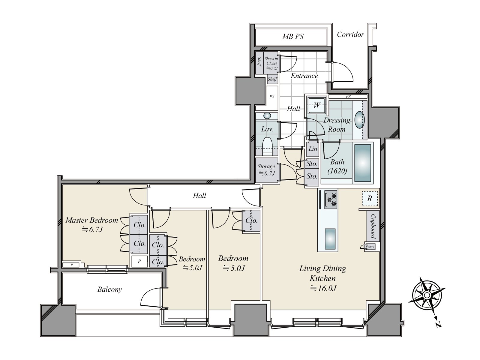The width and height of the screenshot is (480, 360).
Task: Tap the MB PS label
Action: point(293,36)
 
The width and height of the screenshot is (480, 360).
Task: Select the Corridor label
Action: point(350,34)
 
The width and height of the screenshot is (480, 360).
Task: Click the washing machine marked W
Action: point(316,105)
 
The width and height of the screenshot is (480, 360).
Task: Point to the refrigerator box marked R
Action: point(370,199)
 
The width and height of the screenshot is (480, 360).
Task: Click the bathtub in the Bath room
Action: point(363,163)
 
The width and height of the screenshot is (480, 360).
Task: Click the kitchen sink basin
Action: point(330,239)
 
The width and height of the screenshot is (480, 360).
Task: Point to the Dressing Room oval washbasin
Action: point(359,120)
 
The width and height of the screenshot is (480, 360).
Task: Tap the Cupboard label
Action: point(373,226)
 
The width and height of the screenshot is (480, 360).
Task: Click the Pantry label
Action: point(370,247)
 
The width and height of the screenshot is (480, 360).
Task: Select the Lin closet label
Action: point(313,149)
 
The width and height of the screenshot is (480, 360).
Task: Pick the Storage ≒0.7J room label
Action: point(266,170)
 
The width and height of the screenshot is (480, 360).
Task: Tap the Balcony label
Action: point(109,289)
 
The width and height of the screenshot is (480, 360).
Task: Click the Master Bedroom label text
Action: point(92,220)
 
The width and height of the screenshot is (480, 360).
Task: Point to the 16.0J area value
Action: point(323,289)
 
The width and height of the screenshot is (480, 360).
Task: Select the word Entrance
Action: point(304,76)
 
